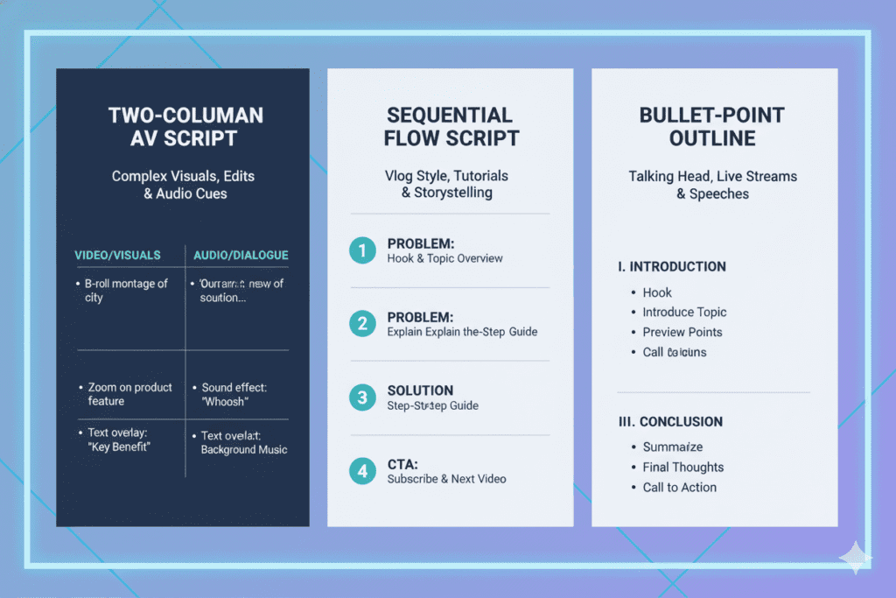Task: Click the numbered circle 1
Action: tap(361, 250)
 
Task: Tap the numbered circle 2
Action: tap(361, 324)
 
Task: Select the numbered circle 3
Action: tap(361, 397)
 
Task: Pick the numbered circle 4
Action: tap(361, 471)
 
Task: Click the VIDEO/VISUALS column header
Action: tap(118, 255)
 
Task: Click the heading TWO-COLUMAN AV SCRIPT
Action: tap(185, 127)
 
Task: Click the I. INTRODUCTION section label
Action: tap(672, 267)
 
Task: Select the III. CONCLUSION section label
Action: tap(670, 421)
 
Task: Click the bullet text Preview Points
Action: tap(682, 332)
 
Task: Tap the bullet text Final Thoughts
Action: tap(683, 467)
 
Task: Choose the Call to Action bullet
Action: tap(680, 487)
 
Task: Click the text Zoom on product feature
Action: tap(129, 394)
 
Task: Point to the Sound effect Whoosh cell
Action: tap(234, 394)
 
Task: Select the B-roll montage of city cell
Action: tap(126, 291)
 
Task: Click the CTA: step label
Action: tap(402, 464)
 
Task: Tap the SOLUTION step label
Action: tap(420, 390)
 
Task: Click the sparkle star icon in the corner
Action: tap(854, 556)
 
